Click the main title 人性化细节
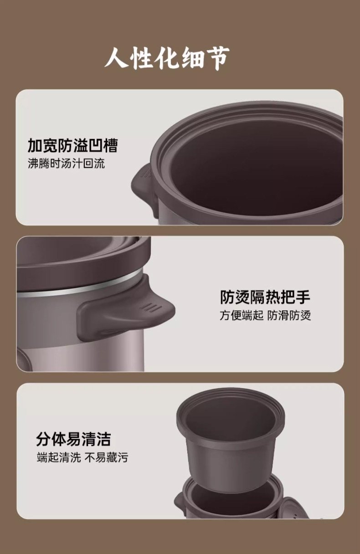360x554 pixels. (x=167, y=59)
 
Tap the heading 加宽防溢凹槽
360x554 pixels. (x=72, y=145)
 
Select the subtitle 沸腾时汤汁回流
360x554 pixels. (x=67, y=164)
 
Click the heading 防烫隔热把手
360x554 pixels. (x=265, y=297)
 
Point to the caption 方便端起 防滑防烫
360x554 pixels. (x=265, y=315)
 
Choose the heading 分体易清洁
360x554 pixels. (x=73, y=439)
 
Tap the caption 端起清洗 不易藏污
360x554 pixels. (x=82, y=457)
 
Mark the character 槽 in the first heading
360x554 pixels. (x=110, y=145)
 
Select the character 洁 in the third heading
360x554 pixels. (x=103, y=439)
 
